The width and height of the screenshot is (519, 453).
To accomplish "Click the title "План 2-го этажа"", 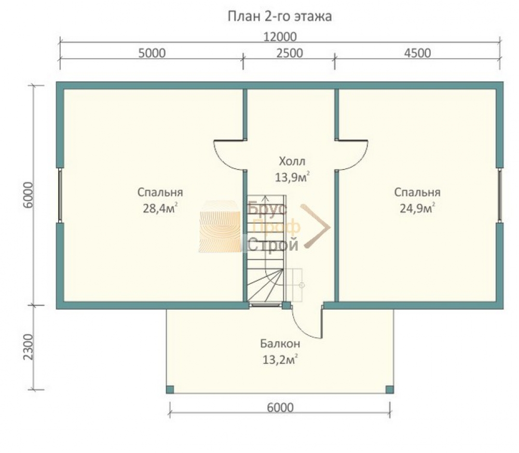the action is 280,16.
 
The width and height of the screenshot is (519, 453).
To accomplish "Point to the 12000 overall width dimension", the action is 280,37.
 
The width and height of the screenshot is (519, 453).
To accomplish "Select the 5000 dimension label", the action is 152,53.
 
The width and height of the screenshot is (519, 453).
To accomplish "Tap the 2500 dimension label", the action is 290,53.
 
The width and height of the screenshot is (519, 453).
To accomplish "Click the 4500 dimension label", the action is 418,53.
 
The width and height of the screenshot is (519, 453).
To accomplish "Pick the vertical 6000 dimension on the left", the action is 29,195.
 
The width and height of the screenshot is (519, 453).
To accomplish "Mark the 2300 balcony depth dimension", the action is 29,347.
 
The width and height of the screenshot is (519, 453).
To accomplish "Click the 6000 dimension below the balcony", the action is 280,407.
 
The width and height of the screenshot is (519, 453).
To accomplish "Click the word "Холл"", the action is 292,161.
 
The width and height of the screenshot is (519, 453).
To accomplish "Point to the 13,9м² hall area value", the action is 293,177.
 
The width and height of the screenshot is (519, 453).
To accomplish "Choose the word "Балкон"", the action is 280,344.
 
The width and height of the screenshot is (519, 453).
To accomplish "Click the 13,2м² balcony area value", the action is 280,359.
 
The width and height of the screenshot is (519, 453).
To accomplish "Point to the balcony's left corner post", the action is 170,390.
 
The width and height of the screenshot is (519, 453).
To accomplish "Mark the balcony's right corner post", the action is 390,390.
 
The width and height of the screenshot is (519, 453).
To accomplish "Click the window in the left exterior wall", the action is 60,195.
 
